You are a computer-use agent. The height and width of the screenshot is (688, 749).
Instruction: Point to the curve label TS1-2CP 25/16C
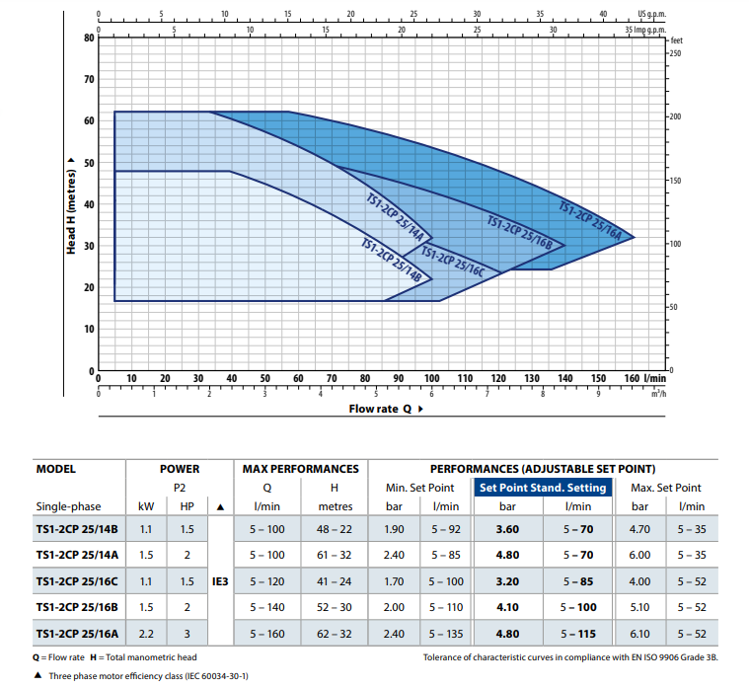click(x=452, y=261)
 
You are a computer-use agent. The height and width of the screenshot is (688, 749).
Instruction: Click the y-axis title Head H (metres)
click(x=71, y=203)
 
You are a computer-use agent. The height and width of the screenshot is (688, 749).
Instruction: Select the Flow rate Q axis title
click(x=380, y=409)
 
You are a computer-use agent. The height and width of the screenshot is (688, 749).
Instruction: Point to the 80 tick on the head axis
click(x=87, y=38)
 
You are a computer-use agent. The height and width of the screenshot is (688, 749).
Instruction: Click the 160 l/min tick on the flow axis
click(x=632, y=378)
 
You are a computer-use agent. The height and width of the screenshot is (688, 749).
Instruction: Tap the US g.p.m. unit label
click(x=653, y=15)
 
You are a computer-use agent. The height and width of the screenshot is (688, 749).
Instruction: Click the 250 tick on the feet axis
click(x=676, y=53)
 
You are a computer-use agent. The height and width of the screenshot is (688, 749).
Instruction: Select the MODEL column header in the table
click(x=56, y=469)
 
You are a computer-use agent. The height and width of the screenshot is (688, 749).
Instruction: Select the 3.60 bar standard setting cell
click(x=508, y=529)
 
